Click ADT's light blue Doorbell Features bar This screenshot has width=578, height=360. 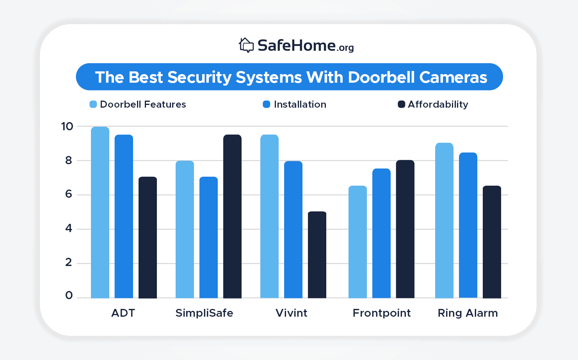[x=100, y=213]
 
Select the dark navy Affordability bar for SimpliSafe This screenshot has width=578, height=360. [x=232, y=216]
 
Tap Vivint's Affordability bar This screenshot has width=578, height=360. [x=317, y=255]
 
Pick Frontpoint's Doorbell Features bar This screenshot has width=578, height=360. [x=357, y=242]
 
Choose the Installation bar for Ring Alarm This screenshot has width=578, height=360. [x=468, y=225]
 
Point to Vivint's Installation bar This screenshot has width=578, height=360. [x=293, y=229]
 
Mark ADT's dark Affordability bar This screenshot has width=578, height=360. [x=148, y=238]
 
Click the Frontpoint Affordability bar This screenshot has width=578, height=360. [x=405, y=229]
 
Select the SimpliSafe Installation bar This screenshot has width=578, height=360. [x=208, y=238]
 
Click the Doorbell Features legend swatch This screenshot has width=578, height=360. [x=93, y=104]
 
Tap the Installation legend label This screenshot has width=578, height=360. [x=300, y=104]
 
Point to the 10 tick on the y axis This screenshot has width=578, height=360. [x=67, y=126]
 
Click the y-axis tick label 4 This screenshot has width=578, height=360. [x=69, y=229]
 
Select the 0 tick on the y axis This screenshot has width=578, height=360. [x=69, y=296]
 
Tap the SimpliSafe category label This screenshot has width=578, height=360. [x=204, y=313]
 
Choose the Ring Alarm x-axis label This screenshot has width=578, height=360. [x=468, y=313]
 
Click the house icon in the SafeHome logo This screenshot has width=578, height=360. [x=246, y=45]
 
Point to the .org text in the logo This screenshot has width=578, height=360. [x=345, y=48]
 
